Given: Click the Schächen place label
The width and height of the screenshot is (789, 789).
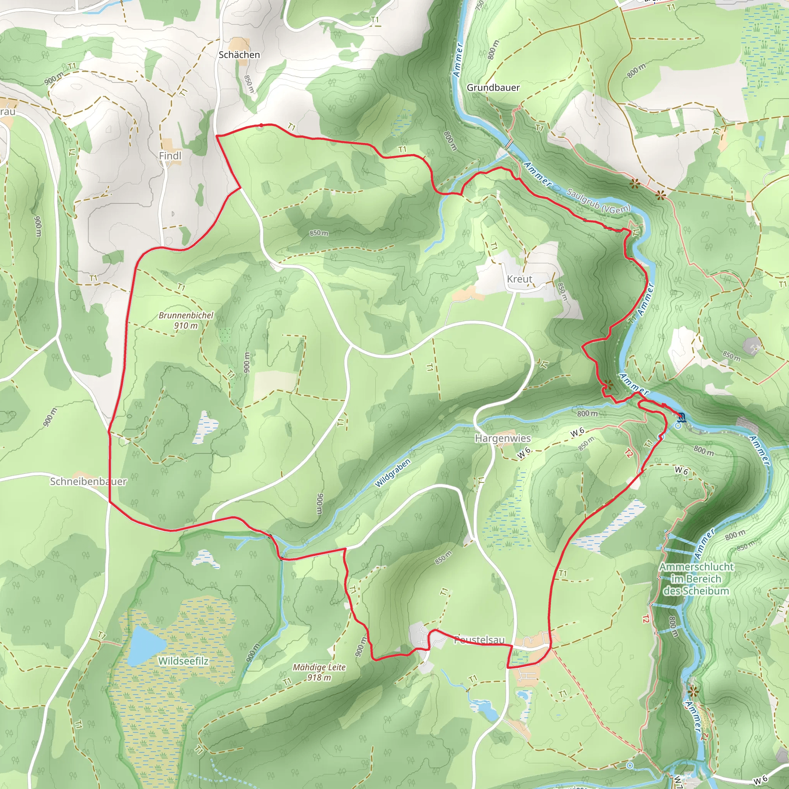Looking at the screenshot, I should (x=239, y=55).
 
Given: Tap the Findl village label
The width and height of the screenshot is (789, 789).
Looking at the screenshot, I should (x=170, y=156).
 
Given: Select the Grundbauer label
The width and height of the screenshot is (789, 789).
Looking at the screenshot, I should (x=493, y=87).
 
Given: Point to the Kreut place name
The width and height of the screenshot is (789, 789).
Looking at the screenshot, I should (x=519, y=279).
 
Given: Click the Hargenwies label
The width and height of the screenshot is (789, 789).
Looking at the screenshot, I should (x=502, y=438).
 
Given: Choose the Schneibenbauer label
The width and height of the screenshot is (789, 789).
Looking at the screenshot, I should (x=88, y=482).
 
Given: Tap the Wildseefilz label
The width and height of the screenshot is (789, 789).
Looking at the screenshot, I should (x=183, y=661).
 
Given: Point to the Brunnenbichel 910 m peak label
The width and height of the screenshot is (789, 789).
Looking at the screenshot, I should (x=186, y=320).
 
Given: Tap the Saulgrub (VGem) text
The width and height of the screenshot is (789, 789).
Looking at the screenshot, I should (x=598, y=201).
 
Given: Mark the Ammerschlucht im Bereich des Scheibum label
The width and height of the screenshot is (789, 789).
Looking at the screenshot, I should (x=696, y=579).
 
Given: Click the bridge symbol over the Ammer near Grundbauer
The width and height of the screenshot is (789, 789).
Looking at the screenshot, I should (x=509, y=144).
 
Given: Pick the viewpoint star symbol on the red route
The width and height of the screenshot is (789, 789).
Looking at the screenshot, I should (x=608, y=384).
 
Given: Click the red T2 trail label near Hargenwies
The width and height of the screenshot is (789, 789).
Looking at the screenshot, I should (x=629, y=453).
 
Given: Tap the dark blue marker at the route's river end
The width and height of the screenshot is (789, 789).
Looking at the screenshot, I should (x=681, y=417).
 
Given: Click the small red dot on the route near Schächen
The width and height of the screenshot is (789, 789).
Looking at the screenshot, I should (x=261, y=125).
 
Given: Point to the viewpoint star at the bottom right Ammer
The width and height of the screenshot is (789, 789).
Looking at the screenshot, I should (x=693, y=692).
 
